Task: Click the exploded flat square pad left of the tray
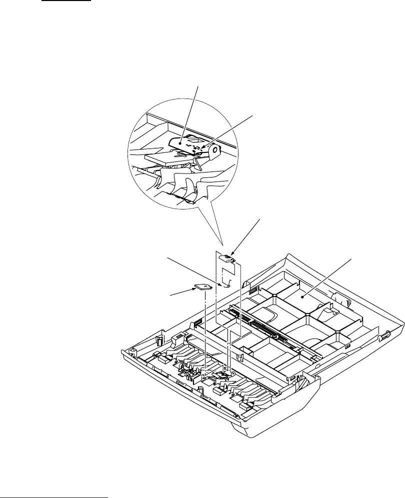(203, 286)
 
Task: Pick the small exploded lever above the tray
(228, 257)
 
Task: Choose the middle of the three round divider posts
(305, 315)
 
